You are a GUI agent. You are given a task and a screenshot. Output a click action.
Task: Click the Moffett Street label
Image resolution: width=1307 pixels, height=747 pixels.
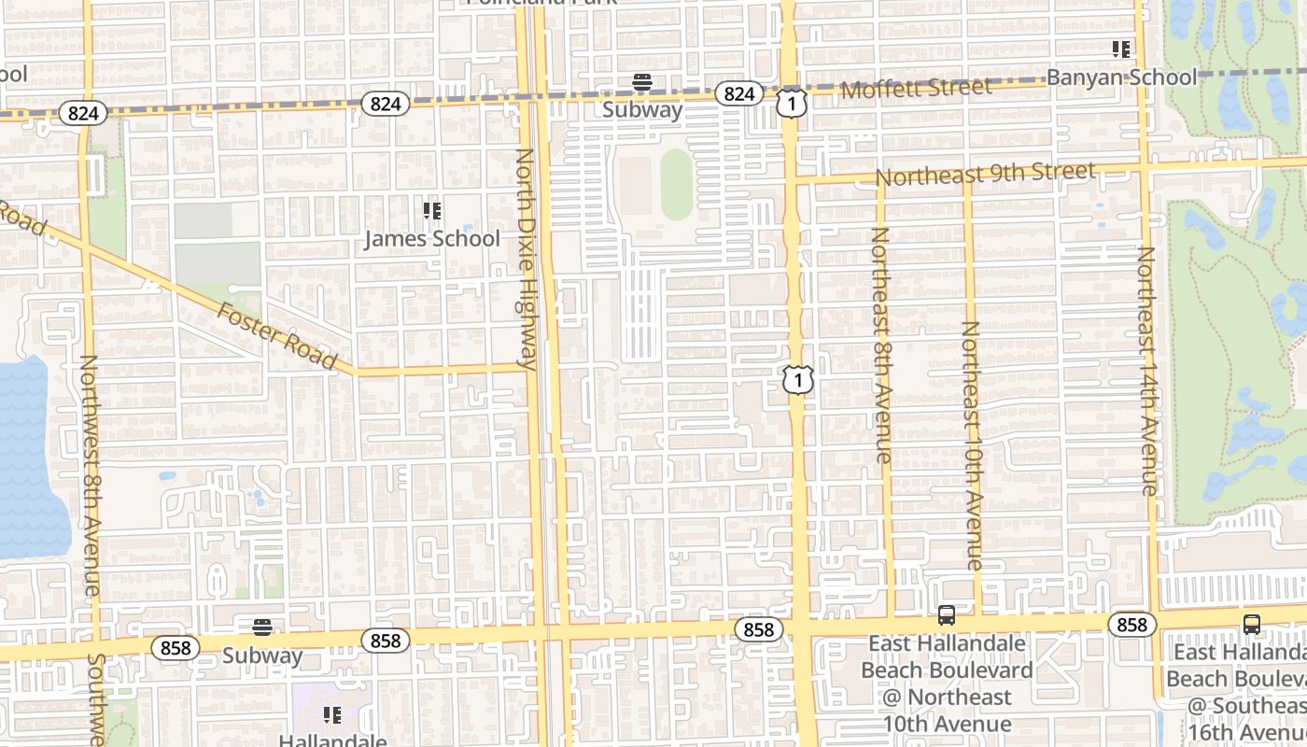click(916, 89)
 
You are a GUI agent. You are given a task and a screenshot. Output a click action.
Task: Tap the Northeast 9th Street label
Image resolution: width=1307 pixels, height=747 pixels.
click(985, 174)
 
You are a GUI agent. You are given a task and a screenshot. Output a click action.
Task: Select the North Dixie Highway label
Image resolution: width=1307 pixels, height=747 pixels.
click(527, 259)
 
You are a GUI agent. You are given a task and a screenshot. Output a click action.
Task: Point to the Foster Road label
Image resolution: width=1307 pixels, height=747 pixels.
click(276, 335)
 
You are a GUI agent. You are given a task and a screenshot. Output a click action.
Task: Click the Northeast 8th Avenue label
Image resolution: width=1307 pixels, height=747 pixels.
click(881, 345)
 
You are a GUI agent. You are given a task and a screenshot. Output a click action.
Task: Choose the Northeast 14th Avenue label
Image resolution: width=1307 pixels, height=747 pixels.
click(1147, 370)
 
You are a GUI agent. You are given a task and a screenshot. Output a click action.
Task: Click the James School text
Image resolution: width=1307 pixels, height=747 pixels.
click(431, 239)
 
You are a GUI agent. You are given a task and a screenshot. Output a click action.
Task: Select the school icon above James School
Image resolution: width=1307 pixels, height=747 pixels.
click(431, 211)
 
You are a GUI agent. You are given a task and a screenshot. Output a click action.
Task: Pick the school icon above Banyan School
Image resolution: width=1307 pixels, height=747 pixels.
click(1121, 49)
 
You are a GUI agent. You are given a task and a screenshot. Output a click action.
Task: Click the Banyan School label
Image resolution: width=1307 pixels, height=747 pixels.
click(1121, 78)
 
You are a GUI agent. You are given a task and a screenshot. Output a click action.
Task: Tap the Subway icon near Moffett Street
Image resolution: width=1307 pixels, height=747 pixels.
click(641, 82)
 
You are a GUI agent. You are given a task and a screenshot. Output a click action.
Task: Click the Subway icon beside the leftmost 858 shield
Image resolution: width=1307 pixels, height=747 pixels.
click(262, 627)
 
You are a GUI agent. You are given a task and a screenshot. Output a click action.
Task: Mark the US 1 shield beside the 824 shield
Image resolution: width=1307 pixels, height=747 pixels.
click(791, 103)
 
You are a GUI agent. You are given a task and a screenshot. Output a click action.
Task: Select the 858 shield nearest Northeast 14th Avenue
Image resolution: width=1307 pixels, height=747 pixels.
click(1131, 624)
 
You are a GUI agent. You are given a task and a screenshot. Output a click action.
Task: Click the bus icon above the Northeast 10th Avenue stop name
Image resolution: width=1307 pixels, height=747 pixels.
click(947, 615)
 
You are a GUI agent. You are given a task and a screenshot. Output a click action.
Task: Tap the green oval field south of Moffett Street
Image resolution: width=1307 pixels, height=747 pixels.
click(677, 184)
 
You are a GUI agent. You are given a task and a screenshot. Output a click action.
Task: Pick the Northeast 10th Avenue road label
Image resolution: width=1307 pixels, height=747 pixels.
click(972, 445)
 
